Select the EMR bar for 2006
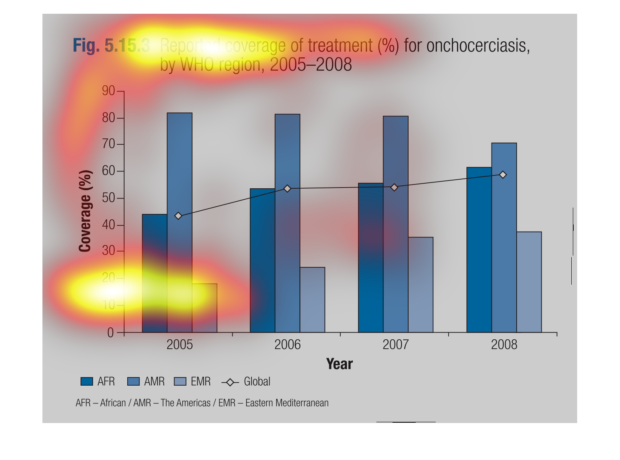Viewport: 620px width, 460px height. (312, 300)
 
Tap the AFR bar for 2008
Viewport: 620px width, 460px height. (479, 250)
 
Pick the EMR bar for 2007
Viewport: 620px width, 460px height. (420, 285)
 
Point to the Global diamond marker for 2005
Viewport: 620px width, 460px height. (178, 216)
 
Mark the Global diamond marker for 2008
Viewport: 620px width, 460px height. (503, 175)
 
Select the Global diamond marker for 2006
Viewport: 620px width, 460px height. (287, 189)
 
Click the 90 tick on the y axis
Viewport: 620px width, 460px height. (108, 91)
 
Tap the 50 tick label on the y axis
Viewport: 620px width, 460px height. (108, 198)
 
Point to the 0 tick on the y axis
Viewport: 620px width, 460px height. (110, 333)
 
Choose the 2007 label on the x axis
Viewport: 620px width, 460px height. (396, 345)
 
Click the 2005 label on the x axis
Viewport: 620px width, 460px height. (180, 345)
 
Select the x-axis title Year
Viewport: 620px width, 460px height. (339, 364)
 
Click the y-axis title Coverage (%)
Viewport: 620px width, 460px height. (85, 211)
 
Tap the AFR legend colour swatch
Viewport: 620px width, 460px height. (86, 381)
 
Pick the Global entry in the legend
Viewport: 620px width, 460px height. (257, 381)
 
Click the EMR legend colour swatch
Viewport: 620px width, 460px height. (180, 381)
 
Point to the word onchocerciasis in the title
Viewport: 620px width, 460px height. (478, 46)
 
